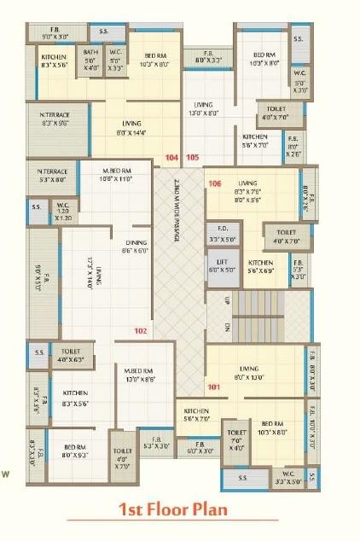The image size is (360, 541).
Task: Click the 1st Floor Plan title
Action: pyautogui.click(x=173, y=509)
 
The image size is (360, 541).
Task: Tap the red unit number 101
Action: pyautogui.click(x=213, y=387)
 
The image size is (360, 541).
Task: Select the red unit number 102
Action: pyautogui.click(x=140, y=330)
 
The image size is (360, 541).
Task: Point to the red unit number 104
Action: pyautogui.click(x=171, y=158)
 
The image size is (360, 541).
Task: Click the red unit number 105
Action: pyautogui.click(x=193, y=158)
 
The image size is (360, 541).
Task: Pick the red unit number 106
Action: pyautogui.click(x=214, y=183)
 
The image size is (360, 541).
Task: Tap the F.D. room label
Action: pyautogui.click(x=222, y=232)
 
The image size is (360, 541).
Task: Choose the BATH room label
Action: pyautogui.click(x=90, y=53)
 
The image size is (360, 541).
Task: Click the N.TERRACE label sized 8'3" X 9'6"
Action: pyautogui.click(x=55, y=114)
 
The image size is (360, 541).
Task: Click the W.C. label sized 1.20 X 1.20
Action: pyautogui.click(x=63, y=205)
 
